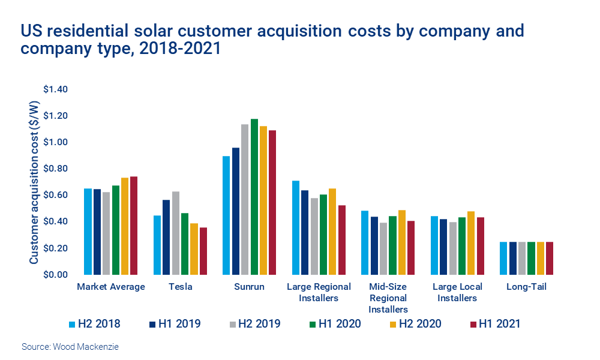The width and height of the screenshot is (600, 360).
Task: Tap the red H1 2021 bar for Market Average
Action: point(133,226)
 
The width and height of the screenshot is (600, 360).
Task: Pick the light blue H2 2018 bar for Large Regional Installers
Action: point(296,227)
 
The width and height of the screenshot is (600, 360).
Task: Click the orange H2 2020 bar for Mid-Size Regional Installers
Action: point(401,242)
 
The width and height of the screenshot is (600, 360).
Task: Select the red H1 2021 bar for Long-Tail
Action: point(549,258)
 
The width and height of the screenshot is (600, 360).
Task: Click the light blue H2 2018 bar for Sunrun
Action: point(226,215)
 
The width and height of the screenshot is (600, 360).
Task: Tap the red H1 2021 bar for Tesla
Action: point(203,251)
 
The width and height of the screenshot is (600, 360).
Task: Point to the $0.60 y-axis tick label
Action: point(56,195)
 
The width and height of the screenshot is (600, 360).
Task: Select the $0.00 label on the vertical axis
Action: point(56,275)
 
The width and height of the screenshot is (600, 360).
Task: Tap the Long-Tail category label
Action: point(526,287)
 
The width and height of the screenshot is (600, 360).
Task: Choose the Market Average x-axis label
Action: point(111,287)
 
